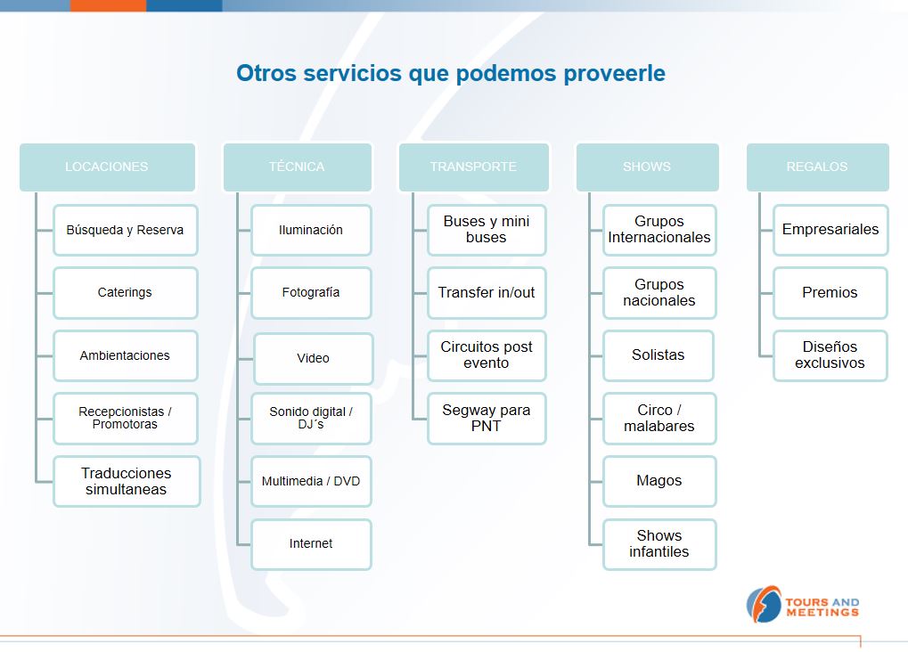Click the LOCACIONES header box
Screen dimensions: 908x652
pos(107,167)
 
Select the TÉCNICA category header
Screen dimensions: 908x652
pos(297,167)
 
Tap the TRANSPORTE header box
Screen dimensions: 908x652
pos(474,167)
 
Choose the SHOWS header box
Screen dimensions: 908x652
pos(648,167)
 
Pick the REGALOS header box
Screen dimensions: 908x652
pos(818,167)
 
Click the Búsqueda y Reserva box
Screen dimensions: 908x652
pos(125,230)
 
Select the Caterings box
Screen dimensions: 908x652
pos(125,292)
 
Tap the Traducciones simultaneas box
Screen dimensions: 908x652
pos(127,481)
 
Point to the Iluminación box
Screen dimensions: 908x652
pos(311,230)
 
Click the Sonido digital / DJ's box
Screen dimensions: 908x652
pos(311,418)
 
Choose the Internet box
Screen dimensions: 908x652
pos(311,543)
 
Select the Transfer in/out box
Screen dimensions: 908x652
pos(487,292)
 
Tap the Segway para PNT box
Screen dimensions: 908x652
pos(487,418)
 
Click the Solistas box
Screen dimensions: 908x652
pos(659,355)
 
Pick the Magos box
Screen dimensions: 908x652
pos(659,481)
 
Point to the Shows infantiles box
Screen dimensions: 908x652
pos(659,543)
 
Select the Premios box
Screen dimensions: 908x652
pos(830,292)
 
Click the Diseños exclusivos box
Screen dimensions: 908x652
pos(830,355)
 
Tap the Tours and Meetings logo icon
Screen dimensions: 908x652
pos(764,605)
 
